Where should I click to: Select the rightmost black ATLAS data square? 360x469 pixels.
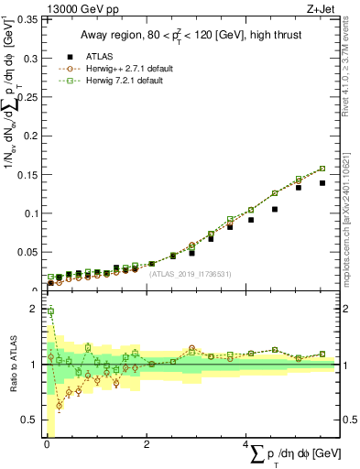tap(322, 183)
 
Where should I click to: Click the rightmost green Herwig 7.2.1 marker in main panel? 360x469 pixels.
tap(322, 169)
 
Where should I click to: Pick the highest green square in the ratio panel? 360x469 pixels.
tap(50, 311)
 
